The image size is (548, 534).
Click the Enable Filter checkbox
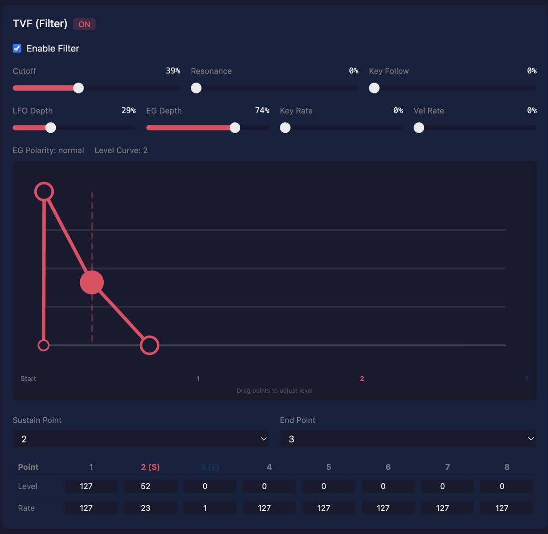click(17, 48)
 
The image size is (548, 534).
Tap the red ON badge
click(84, 24)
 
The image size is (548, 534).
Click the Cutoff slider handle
click(79, 88)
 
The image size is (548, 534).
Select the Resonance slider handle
click(196, 88)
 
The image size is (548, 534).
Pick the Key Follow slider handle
click(374, 88)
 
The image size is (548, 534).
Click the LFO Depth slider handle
click(51, 128)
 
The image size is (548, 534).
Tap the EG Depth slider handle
click(235, 128)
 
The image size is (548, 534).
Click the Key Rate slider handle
click(285, 128)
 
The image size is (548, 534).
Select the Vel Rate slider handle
click(419, 128)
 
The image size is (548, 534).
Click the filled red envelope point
click(92, 283)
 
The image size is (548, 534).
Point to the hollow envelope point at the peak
click(44, 192)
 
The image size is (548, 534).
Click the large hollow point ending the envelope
click(149, 345)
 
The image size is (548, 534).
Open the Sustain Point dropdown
click(141, 439)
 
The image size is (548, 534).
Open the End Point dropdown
click(408, 439)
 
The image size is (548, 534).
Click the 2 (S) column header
click(150, 467)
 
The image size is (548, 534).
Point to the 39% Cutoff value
click(173, 71)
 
